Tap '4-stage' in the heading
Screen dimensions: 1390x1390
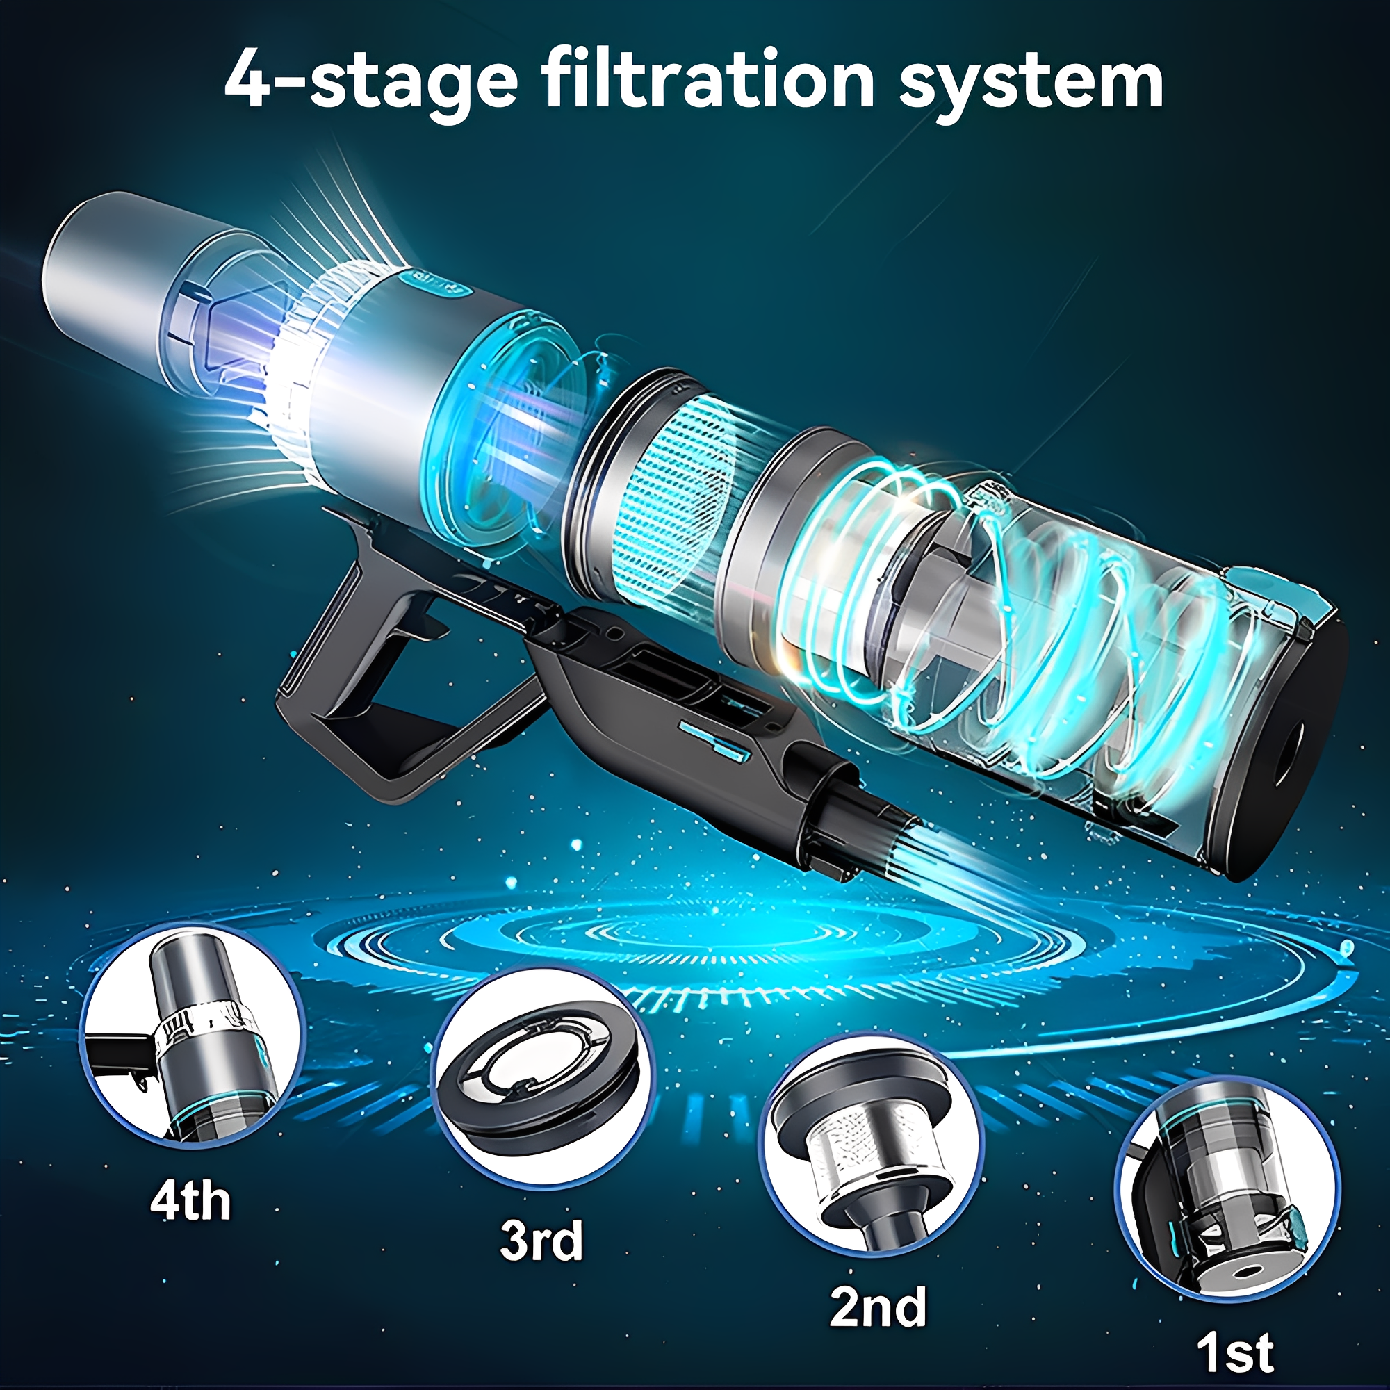(370, 83)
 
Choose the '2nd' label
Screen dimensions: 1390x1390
(878, 1307)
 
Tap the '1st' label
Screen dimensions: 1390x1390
(1234, 1352)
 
